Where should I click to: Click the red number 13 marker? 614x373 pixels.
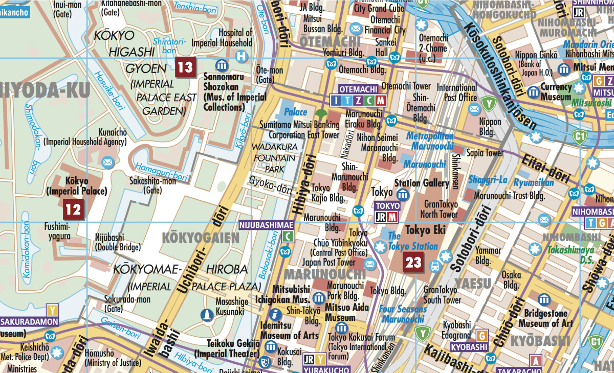(x=186, y=66)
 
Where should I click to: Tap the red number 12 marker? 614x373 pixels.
(x=73, y=209)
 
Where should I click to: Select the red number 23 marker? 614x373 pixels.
(x=413, y=263)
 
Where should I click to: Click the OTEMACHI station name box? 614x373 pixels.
(x=359, y=89)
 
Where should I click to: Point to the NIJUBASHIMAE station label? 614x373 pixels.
(x=267, y=225)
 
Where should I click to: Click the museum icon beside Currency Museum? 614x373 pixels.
(x=534, y=92)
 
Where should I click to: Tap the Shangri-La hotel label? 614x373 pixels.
(x=488, y=179)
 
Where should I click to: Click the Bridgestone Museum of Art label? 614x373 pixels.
(x=545, y=318)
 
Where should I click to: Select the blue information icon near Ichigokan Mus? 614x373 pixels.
(x=276, y=314)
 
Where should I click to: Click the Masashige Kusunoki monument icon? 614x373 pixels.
(x=207, y=316)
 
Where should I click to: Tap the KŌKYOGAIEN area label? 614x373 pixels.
(x=201, y=238)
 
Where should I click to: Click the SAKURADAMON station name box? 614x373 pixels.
(x=29, y=322)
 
